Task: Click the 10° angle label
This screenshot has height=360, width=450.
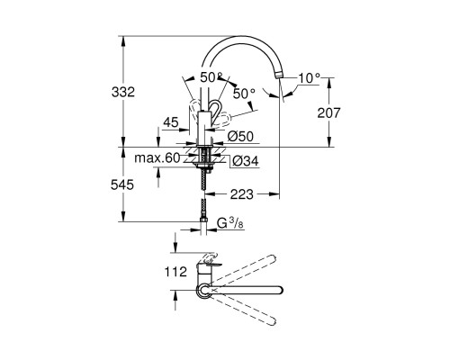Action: (309, 78)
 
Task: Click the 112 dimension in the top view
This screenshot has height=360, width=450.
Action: (176, 270)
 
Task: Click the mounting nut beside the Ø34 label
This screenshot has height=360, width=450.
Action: (208, 161)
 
